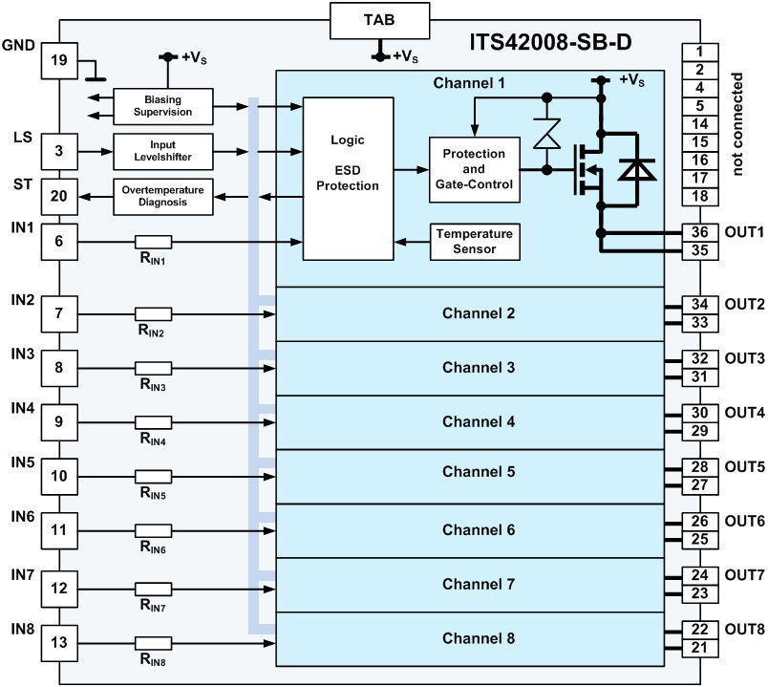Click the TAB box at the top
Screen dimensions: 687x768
[x=380, y=20]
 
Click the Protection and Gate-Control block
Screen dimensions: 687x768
[x=475, y=169]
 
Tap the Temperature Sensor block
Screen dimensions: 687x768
[x=475, y=242]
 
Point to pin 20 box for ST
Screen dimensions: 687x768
[x=58, y=197]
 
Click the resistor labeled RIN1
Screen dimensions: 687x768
[x=153, y=242]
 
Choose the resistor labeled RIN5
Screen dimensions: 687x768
[x=153, y=476]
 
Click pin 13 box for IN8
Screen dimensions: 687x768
[x=58, y=643]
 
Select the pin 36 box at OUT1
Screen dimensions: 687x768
[x=700, y=232]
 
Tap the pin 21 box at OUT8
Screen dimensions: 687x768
[x=700, y=649]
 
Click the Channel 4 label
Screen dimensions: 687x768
[x=478, y=421]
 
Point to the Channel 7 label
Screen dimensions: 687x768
[x=478, y=584]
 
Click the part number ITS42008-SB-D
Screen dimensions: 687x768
[x=549, y=43]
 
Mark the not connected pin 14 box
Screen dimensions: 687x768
[x=700, y=124]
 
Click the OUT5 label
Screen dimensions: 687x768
[x=744, y=467]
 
